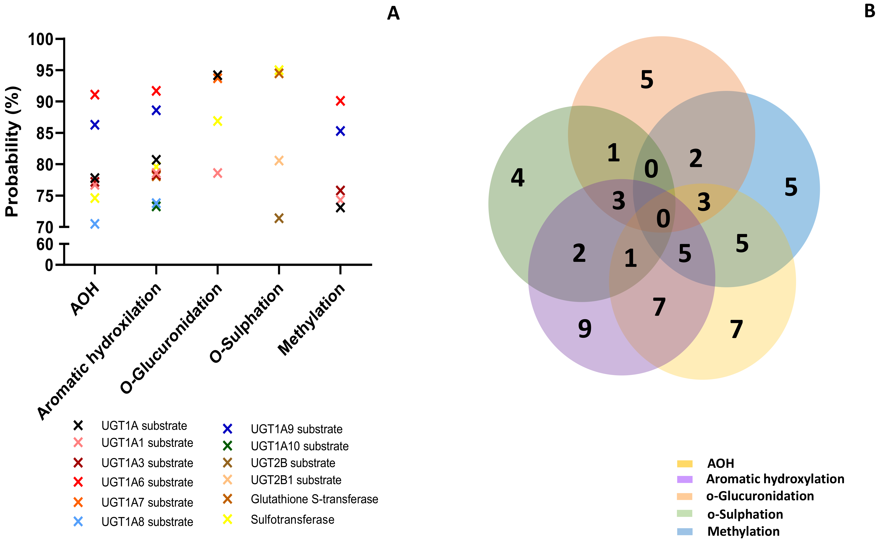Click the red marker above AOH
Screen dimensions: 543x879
click(x=95, y=95)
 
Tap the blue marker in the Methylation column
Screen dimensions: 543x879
click(x=340, y=131)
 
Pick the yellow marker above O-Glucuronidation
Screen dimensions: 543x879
click(x=217, y=121)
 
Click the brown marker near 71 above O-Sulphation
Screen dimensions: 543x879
click(x=279, y=218)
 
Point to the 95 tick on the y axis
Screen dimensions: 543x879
click(x=45, y=71)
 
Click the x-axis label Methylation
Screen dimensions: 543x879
click(x=312, y=319)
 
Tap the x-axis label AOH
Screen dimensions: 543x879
click(x=85, y=299)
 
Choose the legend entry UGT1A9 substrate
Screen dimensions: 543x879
click(x=296, y=429)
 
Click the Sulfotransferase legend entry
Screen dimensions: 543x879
click(x=292, y=520)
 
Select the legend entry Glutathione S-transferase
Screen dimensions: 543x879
click(x=314, y=499)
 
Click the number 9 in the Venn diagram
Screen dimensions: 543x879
click(x=585, y=329)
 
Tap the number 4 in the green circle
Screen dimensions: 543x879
click(x=518, y=178)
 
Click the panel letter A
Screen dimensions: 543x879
click(x=393, y=14)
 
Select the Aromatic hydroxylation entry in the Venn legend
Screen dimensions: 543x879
click(x=775, y=479)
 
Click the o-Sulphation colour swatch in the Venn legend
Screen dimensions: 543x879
click(x=684, y=513)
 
